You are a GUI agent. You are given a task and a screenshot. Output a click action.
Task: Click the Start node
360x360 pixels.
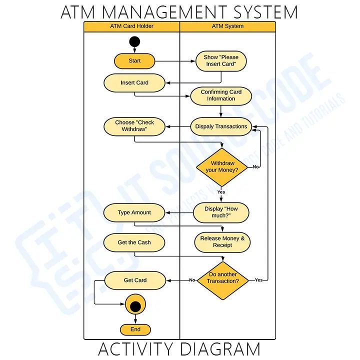tap(134, 61)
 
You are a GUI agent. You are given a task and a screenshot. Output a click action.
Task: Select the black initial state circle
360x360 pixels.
tap(134, 41)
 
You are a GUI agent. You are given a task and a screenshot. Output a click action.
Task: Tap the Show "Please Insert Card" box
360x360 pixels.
tap(221, 61)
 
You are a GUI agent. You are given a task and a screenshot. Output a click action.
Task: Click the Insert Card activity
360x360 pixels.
tap(134, 83)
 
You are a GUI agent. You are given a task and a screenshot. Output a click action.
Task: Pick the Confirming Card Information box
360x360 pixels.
tap(221, 95)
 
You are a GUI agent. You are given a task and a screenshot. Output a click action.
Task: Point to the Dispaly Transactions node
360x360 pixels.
tap(221, 126)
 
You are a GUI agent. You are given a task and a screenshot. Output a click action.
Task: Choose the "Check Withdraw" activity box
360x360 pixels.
tap(134, 126)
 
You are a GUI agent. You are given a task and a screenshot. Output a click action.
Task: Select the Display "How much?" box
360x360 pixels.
tap(221, 212)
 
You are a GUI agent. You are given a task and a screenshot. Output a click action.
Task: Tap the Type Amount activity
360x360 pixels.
tap(134, 212)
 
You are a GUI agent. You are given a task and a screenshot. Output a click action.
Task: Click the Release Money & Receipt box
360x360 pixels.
tap(222, 242)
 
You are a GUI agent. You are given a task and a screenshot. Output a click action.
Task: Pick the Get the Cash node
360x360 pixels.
tap(134, 242)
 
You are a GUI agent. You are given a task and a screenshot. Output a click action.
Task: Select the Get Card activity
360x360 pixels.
tap(135, 280)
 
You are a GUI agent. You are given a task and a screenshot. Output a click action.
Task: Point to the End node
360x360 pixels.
tap(135, 329)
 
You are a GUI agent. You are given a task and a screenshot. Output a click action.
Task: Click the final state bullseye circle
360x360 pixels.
tap(135, 304)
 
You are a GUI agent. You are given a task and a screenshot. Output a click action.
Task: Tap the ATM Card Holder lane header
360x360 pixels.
tap(131, 26)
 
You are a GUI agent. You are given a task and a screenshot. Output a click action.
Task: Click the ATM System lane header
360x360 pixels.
tap(227, 26)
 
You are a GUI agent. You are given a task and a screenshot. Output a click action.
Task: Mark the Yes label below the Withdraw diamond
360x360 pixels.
tap(221, 192)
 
